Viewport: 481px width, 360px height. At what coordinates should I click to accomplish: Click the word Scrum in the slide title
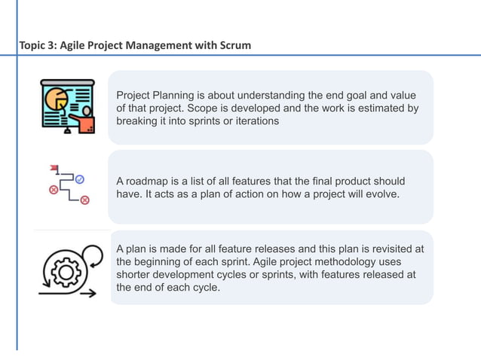pyautogui.click(x=234, y=46)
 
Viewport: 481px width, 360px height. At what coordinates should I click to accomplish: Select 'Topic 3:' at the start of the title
pyautogui.click(x=38, y=46)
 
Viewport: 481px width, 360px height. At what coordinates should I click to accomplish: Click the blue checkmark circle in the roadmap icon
pyautogui.click(x=79, y=179)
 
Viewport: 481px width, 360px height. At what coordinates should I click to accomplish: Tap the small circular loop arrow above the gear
pyautogui.click(x=92, y=255)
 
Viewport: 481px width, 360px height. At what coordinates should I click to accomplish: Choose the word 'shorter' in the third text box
pyautogui.click(x=134, y=274)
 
